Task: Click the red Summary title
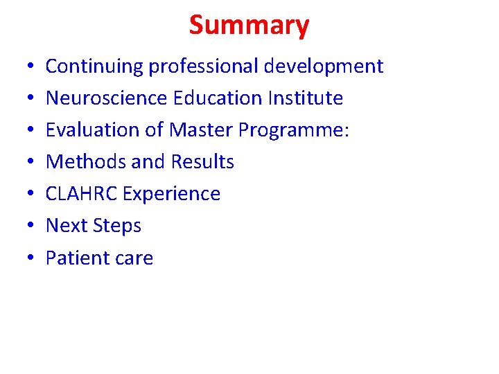click(x=249, y=26)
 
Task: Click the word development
click(x=324, y=66)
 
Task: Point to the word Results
click(x=200, y=162)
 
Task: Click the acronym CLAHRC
click(x=81, y=194)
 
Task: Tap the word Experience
click(x=171, y=195)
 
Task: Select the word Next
click(x=65, y=226)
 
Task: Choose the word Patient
click(x=76, y=258)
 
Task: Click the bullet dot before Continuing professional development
click(x=23, y=67)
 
